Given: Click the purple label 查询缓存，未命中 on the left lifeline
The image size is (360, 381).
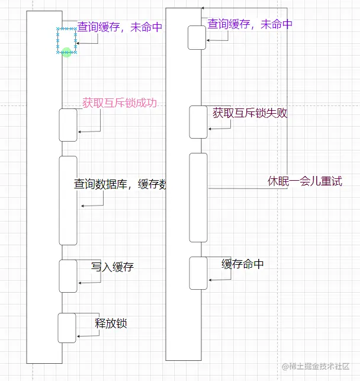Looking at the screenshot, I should coord(120,27).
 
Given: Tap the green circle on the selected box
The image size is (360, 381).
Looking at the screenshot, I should coord(66,53).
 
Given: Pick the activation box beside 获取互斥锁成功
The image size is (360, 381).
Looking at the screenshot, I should coord(68,125).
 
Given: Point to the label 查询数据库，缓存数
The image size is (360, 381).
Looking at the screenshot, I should coord(119,184).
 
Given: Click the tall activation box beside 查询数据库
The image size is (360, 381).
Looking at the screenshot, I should coord(68,200).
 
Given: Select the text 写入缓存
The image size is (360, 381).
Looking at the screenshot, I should coord(112,267).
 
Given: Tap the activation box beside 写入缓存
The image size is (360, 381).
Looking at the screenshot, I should coord(68,276).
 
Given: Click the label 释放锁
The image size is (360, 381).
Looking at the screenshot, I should coord(111,324).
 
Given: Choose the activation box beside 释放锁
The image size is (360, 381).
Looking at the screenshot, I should coord(67,328).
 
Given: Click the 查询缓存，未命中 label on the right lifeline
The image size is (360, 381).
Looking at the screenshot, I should coord(250,24).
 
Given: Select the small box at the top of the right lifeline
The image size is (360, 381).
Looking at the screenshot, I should coord(197,38).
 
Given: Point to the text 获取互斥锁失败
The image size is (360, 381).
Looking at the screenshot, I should coord(250,113).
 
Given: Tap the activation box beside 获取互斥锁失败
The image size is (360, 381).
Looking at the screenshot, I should coord(198,121).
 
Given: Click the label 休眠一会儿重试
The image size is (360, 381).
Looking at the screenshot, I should coord(305,181).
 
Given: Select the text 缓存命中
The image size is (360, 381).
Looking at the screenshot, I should coord(243,264).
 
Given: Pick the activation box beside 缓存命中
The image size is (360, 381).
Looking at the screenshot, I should coord(198,273).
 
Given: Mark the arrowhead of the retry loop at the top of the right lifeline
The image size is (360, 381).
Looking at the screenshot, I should coord(202,8).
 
